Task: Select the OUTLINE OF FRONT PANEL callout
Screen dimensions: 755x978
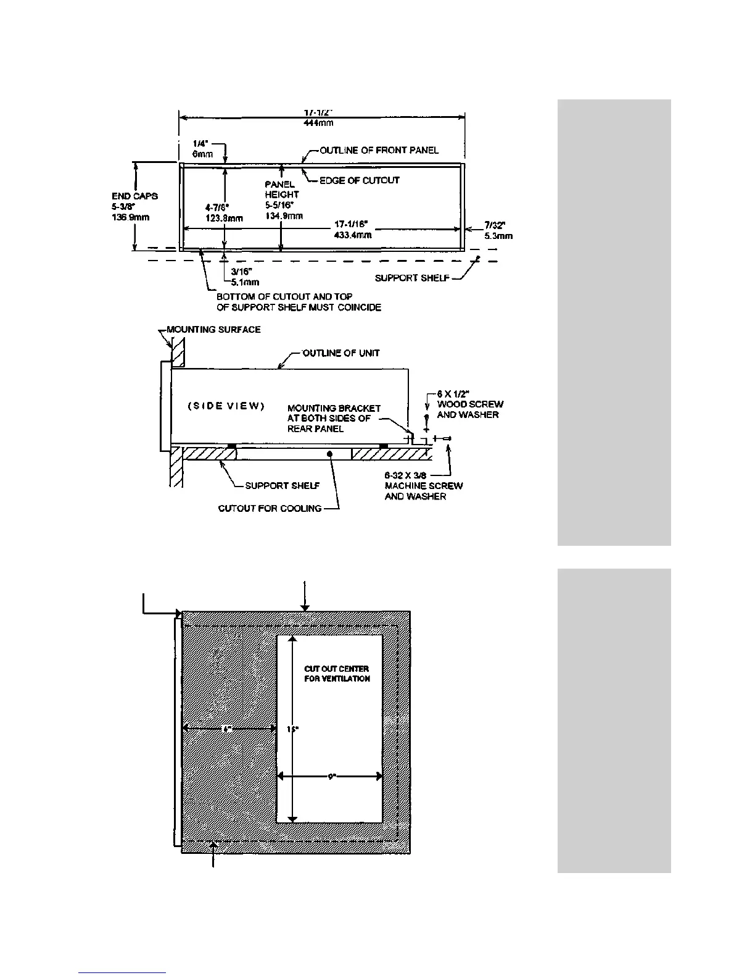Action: [x=379, y=150]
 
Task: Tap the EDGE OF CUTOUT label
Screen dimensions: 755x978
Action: [x=359, y=180]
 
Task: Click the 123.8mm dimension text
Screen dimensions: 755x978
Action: [x=224, y=218]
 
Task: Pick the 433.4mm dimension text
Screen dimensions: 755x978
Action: [x=352, y=235]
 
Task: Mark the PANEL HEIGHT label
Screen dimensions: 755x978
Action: [x=282, y=190]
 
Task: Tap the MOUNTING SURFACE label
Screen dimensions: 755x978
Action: [x=213, y=330]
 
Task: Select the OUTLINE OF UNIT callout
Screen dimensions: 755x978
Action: [x=340, y=353]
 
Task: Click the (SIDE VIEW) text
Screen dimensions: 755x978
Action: [x=226, y=406]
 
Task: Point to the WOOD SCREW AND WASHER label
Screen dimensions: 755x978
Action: [x=470, y=409]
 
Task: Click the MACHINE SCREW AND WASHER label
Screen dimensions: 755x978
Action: [x=423, y=491]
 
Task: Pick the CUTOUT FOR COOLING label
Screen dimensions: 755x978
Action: [x=270, y=508]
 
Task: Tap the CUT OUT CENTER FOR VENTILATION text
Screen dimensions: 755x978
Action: [x=337, y=674]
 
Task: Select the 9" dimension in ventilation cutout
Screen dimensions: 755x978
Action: [x=331, y=777]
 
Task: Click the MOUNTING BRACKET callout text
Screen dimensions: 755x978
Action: [x=334, y=418]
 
